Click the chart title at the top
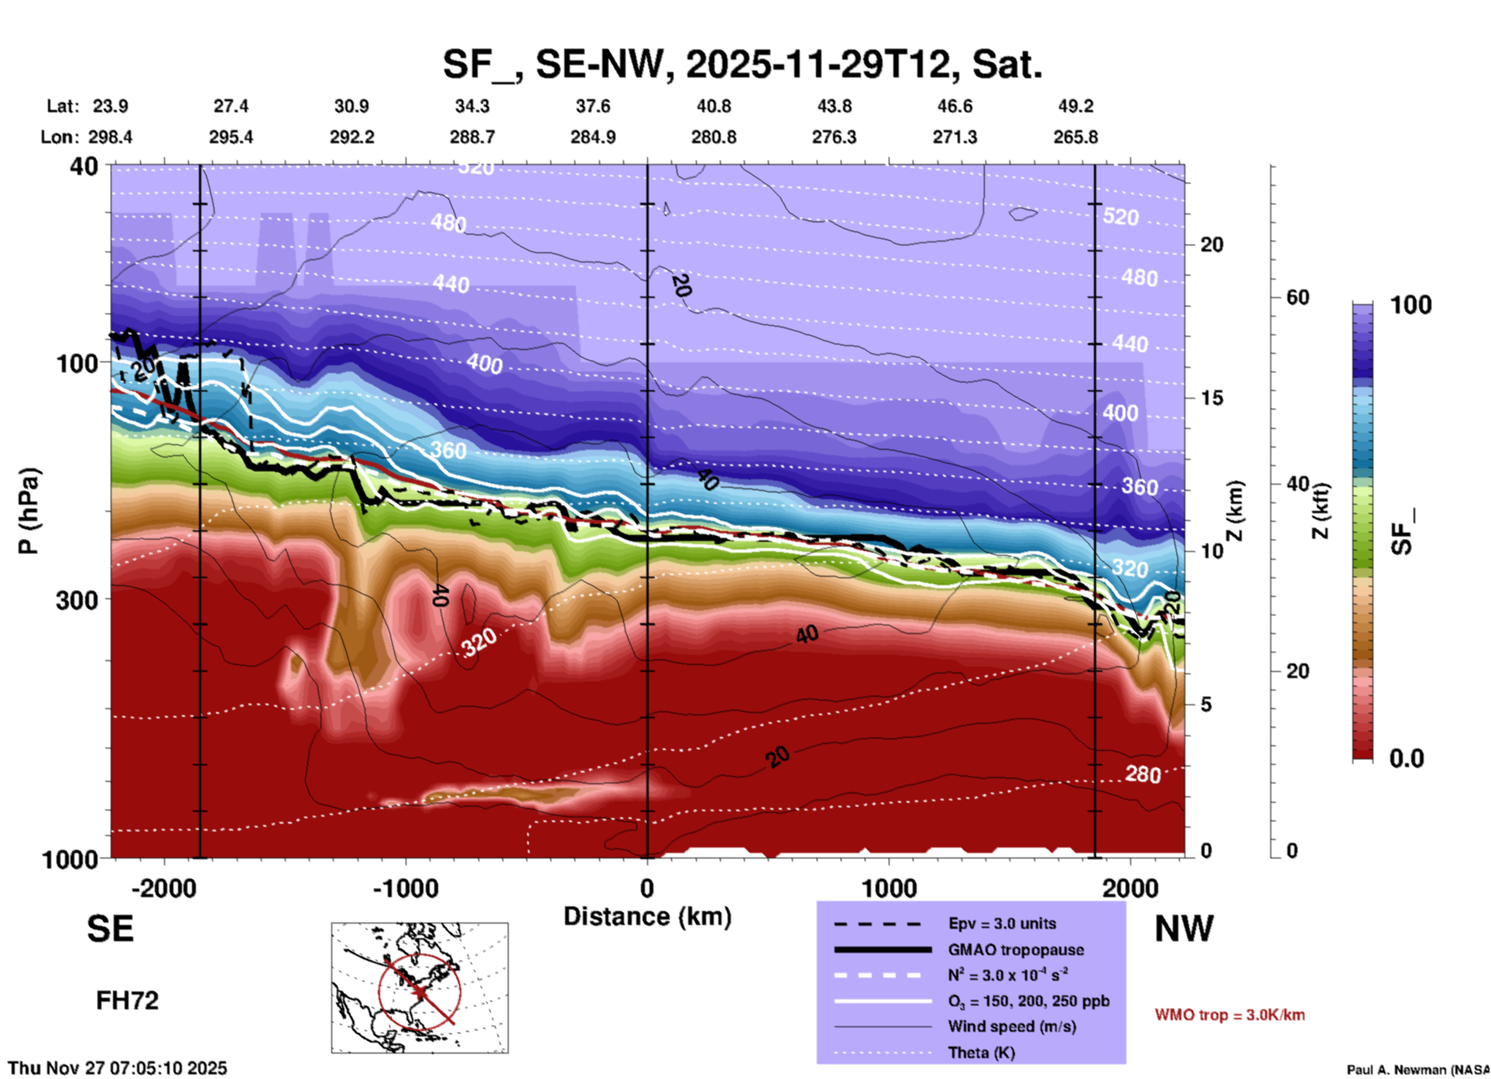tap(742, 64)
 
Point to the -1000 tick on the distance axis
tap(405, 888)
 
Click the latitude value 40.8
tap(713, 106)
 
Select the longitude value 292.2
tap(352, 137)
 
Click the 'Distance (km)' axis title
tap(647, 916)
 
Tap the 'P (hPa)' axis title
tap(29, 511)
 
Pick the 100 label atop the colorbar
tap(1410, 305)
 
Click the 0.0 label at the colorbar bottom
tap(1407, 759)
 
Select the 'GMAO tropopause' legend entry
tap(1015, 950)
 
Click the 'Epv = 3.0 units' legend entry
tap(1002, 923)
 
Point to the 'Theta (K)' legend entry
tap(981, 1053)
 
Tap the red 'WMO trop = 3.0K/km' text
tap(1229, 1015)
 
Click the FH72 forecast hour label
tap(127, 1001)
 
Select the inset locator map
tap(420, 987)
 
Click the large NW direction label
tap(1184, 929)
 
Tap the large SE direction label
tap(110, 929)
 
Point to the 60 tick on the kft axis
tap(1297, 297)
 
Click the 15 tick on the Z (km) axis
tap(1212, 398)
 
